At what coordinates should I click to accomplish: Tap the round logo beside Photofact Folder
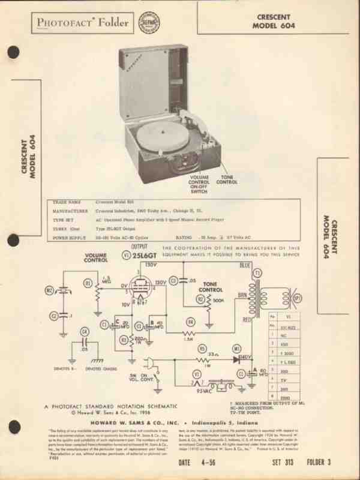147,22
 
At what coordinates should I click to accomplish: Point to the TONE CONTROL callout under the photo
227,180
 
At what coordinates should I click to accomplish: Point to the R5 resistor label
202,347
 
